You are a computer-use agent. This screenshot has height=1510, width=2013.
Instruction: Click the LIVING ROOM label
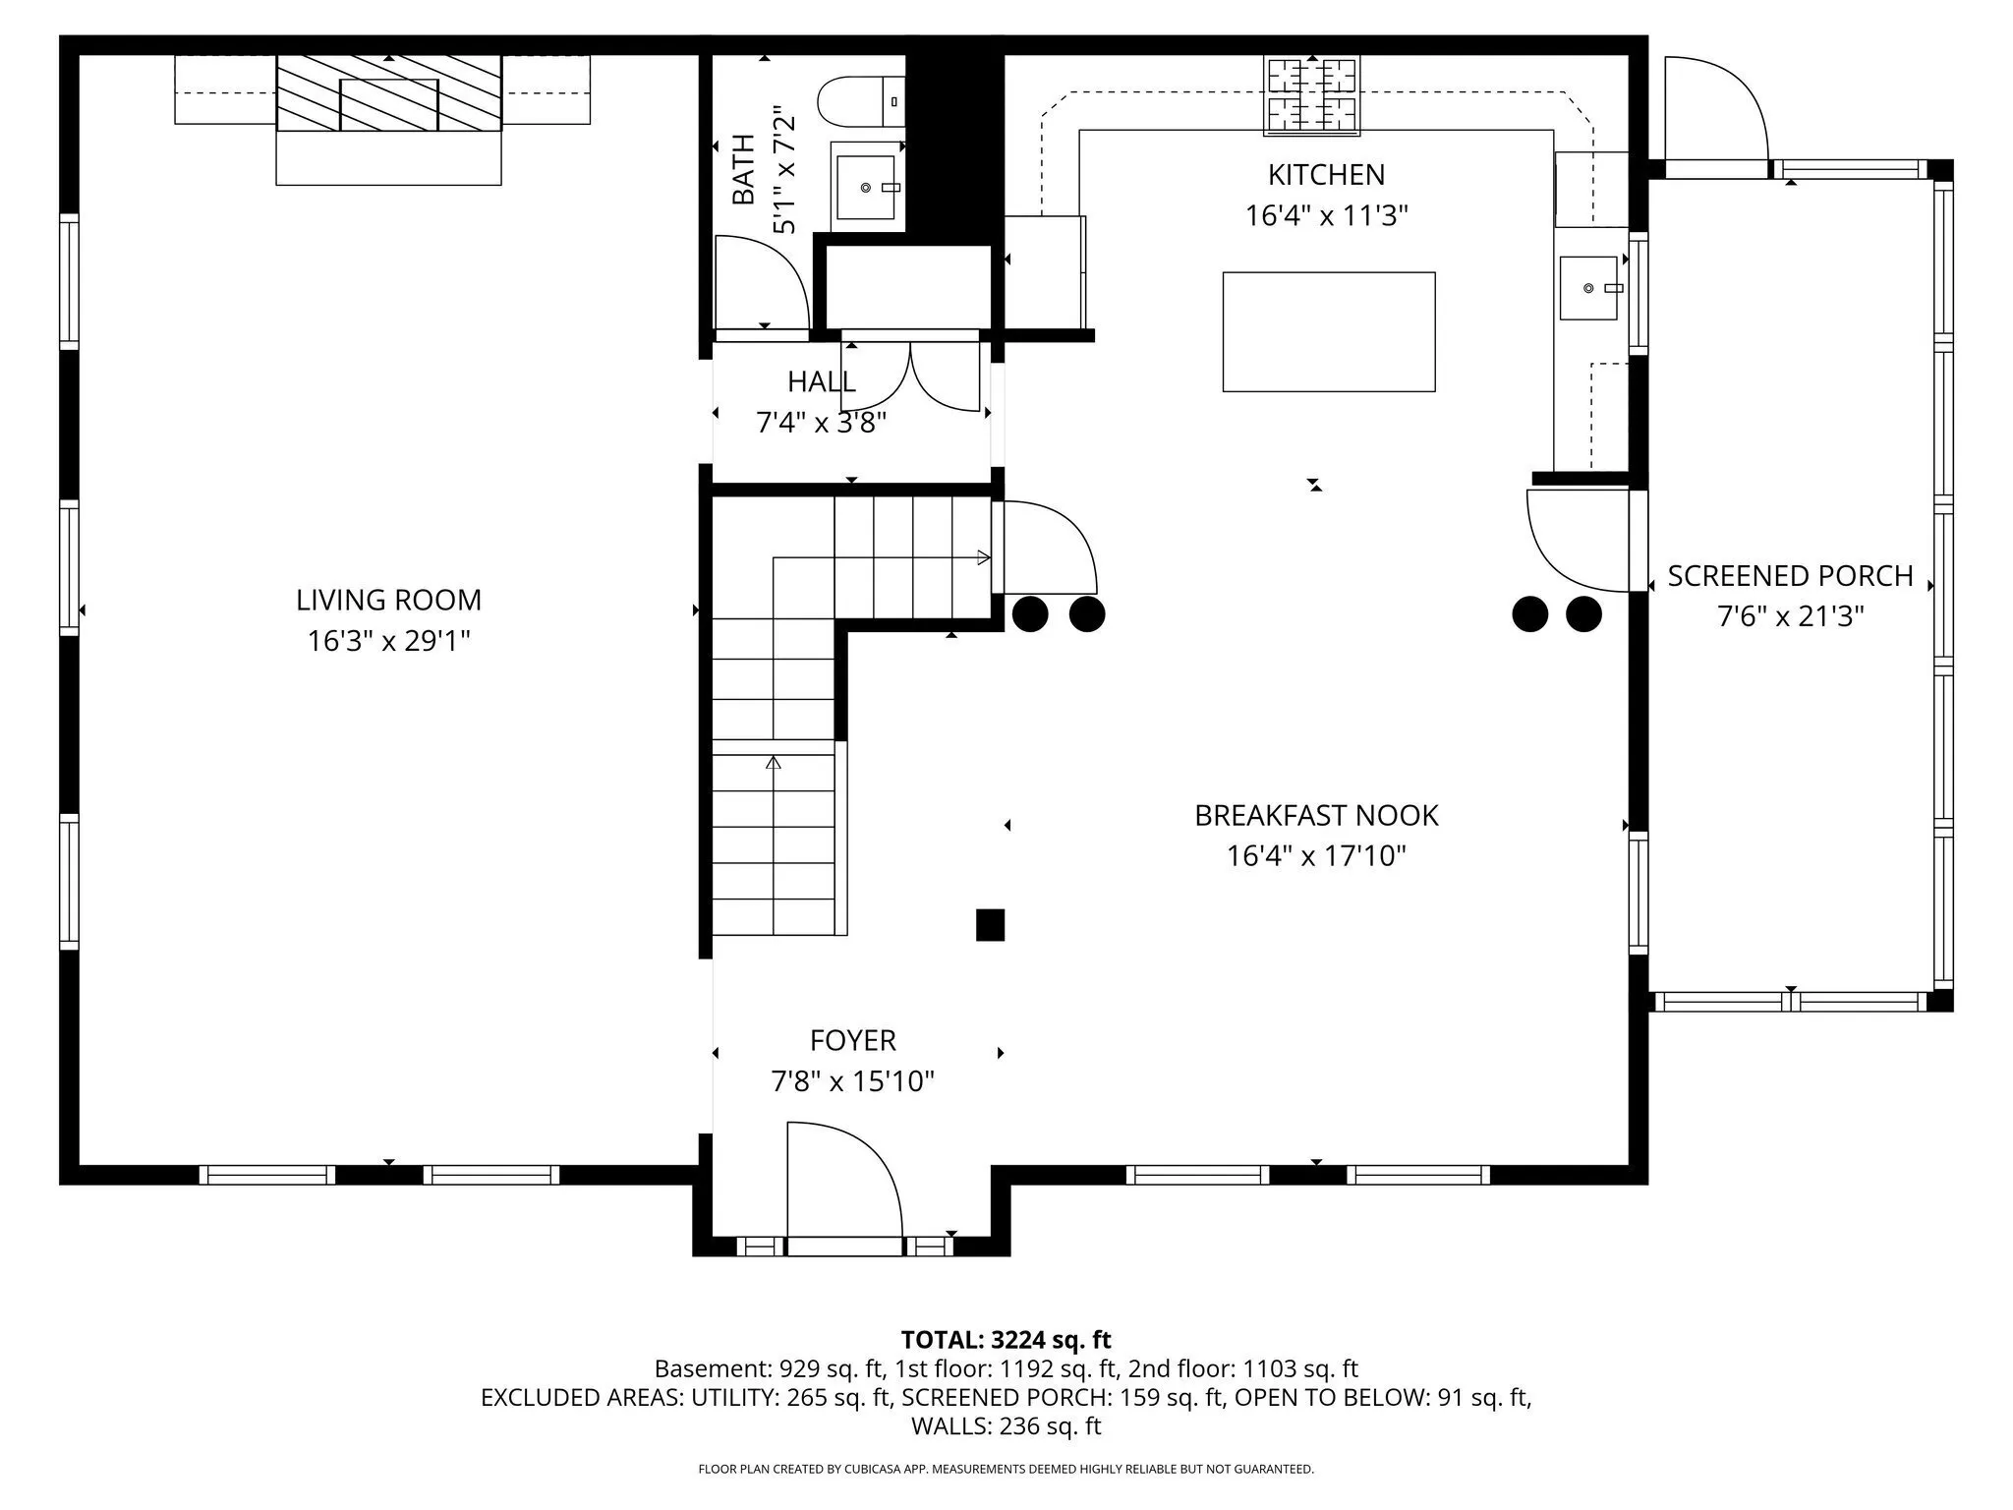click(x=389, y=600)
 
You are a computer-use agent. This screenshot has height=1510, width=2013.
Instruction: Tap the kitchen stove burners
click(x=1313, y=94)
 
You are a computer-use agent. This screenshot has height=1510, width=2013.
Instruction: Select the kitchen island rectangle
click(x=1329, y=332)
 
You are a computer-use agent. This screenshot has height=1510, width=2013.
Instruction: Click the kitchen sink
click(x=1589, y=288)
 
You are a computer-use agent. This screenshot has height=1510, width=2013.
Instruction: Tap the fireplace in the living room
click(x=389, y=93)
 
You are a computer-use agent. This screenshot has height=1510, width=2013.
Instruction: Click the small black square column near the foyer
click(x=990, y=925)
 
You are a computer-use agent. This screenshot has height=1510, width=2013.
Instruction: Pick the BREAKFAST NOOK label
click(x=1316, y=815)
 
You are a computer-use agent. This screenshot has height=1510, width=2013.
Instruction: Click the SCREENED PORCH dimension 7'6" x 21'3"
click(x=1791, y=616)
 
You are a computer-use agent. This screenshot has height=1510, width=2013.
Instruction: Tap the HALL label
click(x=822, y=381)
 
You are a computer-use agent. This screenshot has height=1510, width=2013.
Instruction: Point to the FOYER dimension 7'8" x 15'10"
click(x=852, y=1081)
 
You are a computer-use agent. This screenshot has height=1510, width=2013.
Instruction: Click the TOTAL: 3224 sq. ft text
click(x=1006, y=1339)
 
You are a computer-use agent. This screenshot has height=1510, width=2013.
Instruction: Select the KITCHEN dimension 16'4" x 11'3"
click(x=1327, y=215)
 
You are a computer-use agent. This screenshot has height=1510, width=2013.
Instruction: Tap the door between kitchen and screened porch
click(x=1577, y=542)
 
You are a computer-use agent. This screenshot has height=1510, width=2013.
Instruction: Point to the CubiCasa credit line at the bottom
click(x=1006, y=1469)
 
